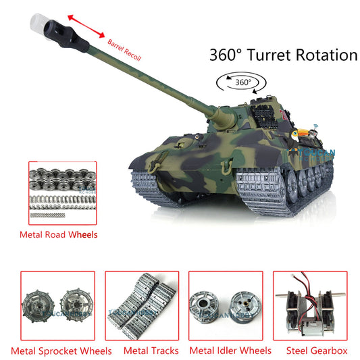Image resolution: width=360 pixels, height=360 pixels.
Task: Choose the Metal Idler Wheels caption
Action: (230, 350)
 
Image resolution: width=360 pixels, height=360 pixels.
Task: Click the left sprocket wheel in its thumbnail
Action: (40, 307)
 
